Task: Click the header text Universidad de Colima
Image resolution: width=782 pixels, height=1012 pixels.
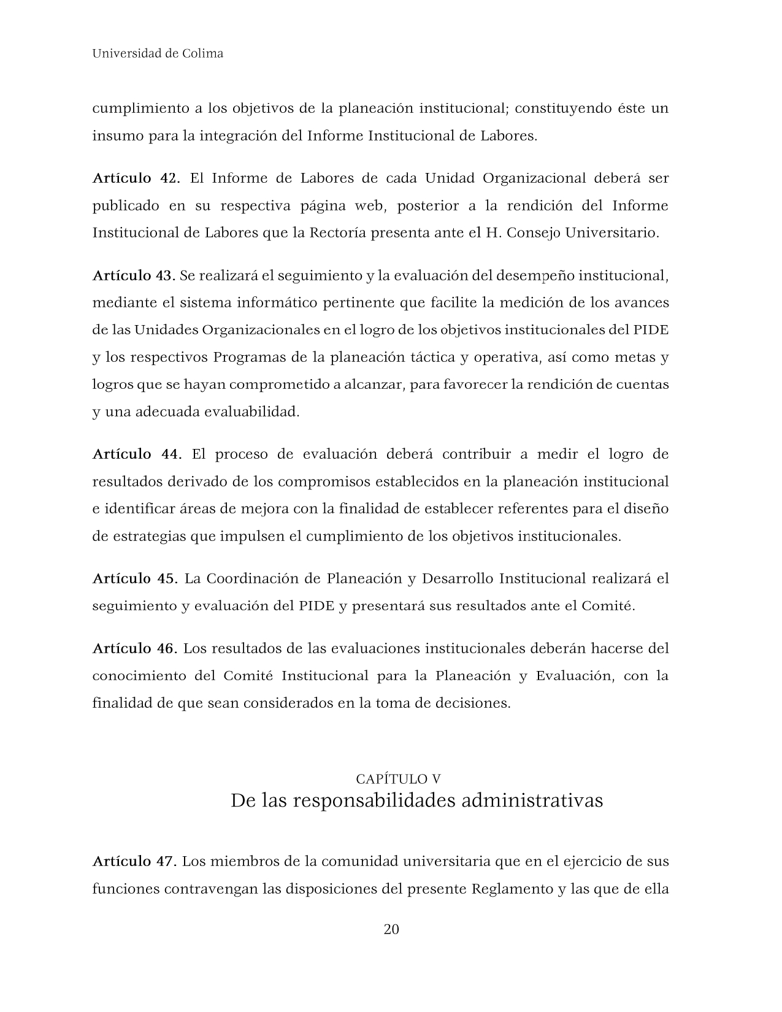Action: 158,53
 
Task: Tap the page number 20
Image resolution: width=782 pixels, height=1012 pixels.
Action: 391,929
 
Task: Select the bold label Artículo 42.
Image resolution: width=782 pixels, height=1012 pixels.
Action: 136,178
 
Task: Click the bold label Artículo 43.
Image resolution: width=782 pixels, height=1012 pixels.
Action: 134,276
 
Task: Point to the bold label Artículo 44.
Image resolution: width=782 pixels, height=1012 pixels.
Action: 137,454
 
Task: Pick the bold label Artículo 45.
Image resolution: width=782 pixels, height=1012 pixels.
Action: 135,579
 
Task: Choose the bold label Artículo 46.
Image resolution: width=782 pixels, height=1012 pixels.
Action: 134,649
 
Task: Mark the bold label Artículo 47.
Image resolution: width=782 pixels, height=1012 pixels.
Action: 134,862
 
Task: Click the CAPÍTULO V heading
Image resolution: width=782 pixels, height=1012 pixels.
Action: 398,779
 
